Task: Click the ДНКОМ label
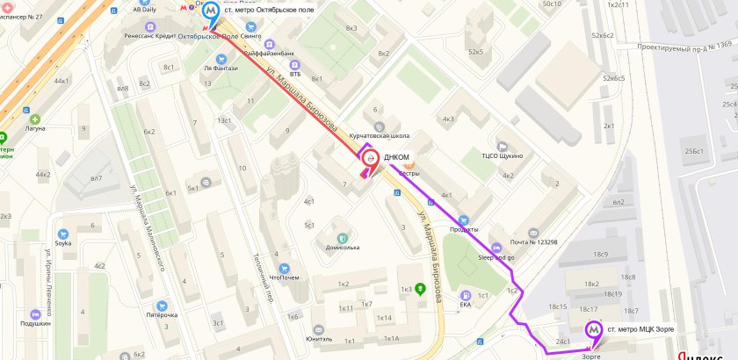[x=397, y=158]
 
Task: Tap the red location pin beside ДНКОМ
[x=370, y=159]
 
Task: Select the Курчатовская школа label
[x=380, y=136]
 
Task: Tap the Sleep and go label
[x=498, y=259]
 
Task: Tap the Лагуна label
[x=35, y=128]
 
